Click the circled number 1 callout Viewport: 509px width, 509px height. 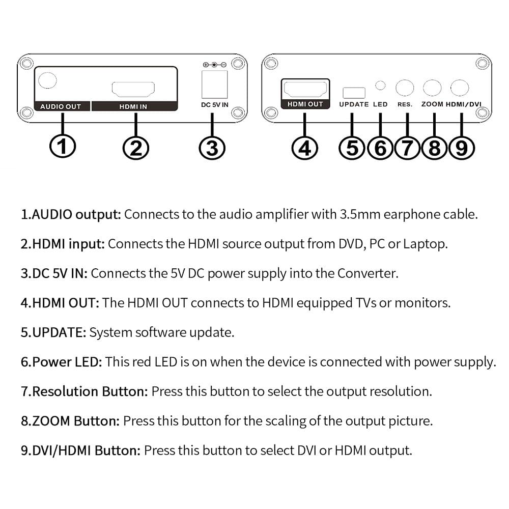pyautogui.click(x=63, y=147)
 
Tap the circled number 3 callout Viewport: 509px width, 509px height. pyautogui.click(x=212, y=148)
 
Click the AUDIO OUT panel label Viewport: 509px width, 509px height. pyautogui.click(x=61, y=106)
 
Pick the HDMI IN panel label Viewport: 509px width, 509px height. pyautogui.click(x=133, y=106)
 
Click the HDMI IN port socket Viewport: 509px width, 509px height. pyautogui.click(x=133, y=89)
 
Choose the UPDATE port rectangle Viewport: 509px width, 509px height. pyautogui.click(x=354, y=93)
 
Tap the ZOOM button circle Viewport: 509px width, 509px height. pyautogui.click(x=432, y=88)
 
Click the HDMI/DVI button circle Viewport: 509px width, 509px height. pyautogui.click(x=460, y=88)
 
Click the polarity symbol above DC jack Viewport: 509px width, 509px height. pyautogui.click(x=214, y=65)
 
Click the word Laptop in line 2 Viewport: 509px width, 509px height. pyautogui.click(x=425, y=243)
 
